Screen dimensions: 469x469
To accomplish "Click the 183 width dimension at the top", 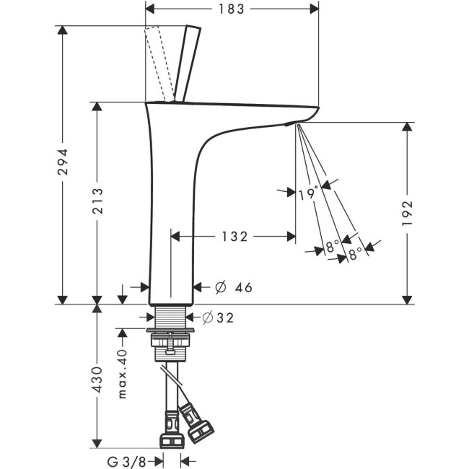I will [x=231, y=9].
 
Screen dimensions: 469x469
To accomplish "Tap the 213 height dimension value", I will [x=97, y=203].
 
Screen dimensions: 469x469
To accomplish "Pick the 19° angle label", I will [x=307, y=193].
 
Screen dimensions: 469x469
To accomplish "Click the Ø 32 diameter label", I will [x=217, y=317].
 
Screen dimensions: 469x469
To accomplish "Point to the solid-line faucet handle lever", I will [x=188, y=63].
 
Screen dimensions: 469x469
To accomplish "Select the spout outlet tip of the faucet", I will [x=292, y=123].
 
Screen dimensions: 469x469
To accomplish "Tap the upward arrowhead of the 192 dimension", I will [x=408, y=128].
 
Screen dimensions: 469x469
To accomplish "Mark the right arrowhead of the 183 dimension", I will [x=315, y=9].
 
